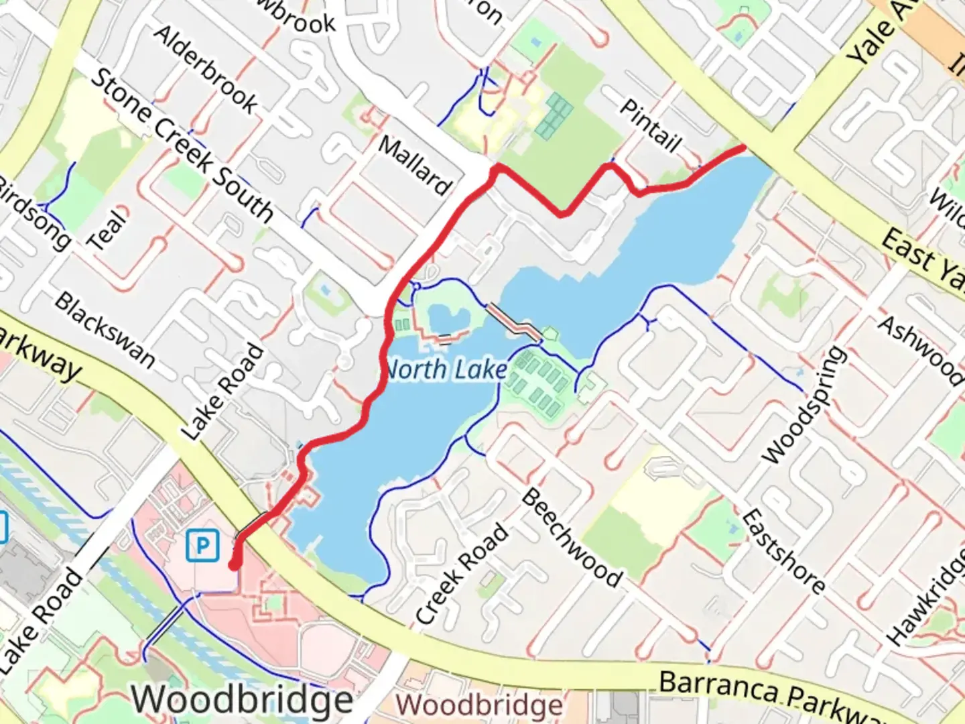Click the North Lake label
[x=446, y=369]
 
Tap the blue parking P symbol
[x=202, y=546]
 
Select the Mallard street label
[x=415, y=165]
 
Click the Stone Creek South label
[x=182, y=145]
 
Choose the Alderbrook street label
[x=206, y=70]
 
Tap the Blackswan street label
[x=105, y=330]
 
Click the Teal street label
[x=109, y=230]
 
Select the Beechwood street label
[x=572, y=538]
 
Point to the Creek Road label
[x=462, y=574]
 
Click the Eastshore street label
[x=783, y=551]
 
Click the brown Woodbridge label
[x=480, y=705]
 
